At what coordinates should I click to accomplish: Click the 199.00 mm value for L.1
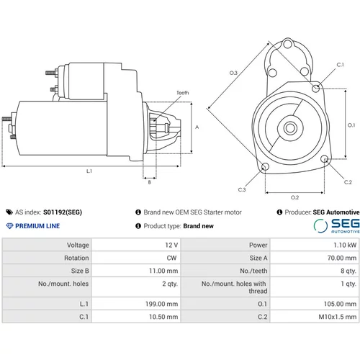[161, 304]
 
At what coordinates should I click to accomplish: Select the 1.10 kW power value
[345, 245]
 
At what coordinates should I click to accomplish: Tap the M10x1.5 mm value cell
[338, 317]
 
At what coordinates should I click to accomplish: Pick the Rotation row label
[76, 258]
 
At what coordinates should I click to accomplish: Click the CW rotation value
[171, 258]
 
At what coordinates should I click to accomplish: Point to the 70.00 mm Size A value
[342, 258]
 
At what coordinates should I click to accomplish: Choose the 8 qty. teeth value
[348, 271]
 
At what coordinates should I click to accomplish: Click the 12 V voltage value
[171, 245]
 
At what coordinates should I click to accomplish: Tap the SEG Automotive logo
[336, 226]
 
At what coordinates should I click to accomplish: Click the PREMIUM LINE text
[37, 226]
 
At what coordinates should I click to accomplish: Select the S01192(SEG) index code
[63, 212]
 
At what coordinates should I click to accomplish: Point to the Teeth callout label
[183, 93]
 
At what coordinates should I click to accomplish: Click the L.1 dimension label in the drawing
[89, 171]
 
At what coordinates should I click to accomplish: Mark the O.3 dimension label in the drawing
[233, 73]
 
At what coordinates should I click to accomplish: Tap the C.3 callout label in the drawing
[242, 190]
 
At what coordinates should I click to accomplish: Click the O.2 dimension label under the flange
[294, 197]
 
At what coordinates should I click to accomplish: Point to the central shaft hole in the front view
[290, 128]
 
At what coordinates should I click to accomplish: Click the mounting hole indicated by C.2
[325, 158]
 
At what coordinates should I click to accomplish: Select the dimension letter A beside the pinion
[197, 127]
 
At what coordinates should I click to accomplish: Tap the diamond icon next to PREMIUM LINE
[9, 226]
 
